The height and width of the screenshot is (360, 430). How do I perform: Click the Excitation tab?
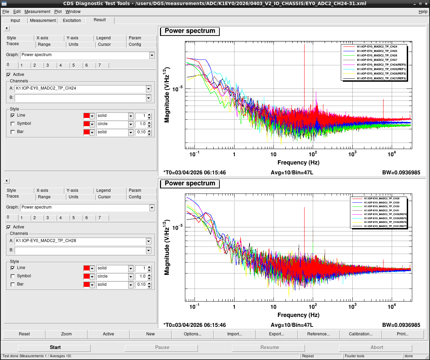72,21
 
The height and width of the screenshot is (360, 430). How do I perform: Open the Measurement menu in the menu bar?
37,12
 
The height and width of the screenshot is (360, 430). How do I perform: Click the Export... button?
277,334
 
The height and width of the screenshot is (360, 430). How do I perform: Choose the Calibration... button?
360,334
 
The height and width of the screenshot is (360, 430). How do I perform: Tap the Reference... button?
318,334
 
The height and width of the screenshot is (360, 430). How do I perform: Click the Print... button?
402,334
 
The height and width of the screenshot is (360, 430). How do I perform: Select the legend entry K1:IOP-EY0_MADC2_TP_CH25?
377,51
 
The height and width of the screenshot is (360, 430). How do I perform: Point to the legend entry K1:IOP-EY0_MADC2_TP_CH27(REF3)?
381,78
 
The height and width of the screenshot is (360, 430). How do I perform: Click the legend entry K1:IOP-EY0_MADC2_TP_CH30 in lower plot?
381,206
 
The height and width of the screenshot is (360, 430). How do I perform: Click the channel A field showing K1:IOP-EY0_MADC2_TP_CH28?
81,241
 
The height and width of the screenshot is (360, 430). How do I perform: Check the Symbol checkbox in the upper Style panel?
13,124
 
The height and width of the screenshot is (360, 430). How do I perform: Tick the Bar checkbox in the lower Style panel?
13,284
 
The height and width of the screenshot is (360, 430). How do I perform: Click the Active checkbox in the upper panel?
9,75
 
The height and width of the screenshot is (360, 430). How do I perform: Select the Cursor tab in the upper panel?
104,44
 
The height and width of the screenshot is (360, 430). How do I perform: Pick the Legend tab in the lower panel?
103,190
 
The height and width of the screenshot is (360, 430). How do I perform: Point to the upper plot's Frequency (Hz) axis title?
298,162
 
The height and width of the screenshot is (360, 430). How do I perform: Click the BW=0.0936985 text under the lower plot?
401,325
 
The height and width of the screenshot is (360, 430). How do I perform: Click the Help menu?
423,12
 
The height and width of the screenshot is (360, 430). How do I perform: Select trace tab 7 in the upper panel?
99,65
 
